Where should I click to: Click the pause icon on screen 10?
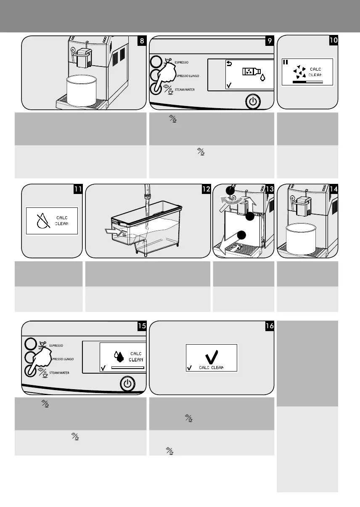(286, 62)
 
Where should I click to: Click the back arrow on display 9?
(230, 64)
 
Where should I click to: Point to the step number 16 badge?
(269, 326)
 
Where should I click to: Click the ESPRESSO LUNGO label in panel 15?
(62, 359)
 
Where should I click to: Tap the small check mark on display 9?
(229, 85)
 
